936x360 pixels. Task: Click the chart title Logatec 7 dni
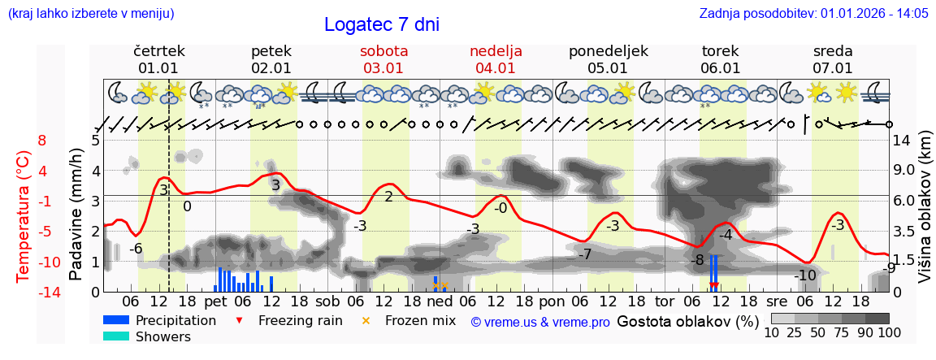(x=381, y=24)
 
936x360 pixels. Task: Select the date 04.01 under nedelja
(x=496, y=68)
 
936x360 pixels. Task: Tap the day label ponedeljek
(x=608, y=51)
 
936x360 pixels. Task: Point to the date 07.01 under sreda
(x=833, y=68)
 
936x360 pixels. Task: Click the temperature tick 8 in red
(x=42, y=140)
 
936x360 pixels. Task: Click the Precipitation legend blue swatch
(x=115, y=320)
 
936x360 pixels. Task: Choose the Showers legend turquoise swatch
(x=115, y=336)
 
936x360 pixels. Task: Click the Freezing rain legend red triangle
(x=238, y=320)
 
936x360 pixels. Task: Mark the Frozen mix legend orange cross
(x=365, y=320)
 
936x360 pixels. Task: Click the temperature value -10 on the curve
(x=804, y=275)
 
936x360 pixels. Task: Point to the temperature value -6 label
(x=136, y=249)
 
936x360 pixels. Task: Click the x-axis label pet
(x=215, y=301)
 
